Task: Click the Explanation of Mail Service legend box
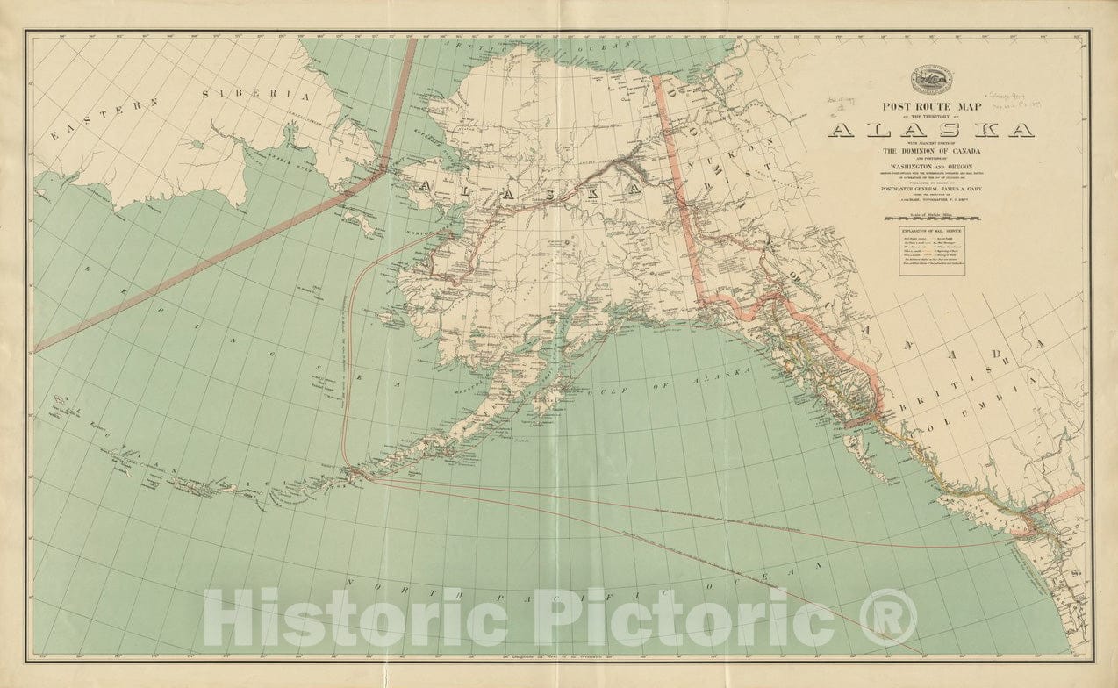click(929, 249)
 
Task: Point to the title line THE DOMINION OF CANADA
click(929, 151)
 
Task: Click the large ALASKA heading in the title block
click(929, 130)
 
